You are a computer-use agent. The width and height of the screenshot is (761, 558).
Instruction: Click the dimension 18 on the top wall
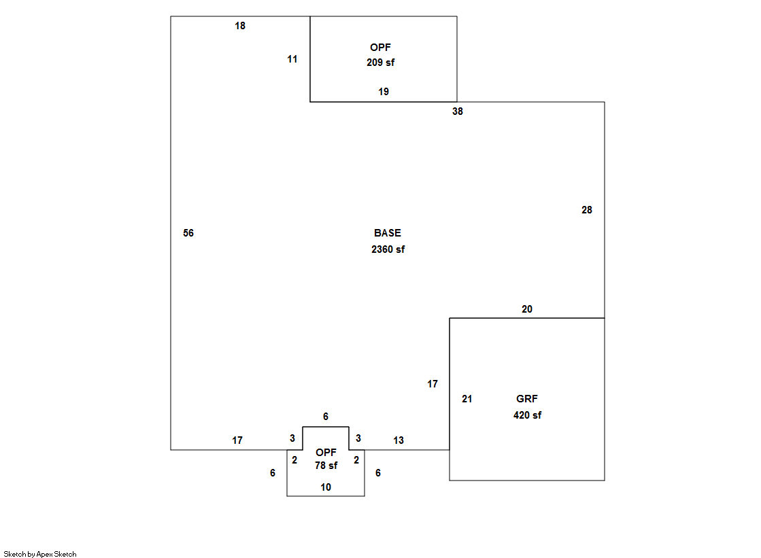[240, 26]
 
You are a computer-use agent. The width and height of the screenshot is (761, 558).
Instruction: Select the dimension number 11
[292, 59]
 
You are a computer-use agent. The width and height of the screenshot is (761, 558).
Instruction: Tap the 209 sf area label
[381, 62]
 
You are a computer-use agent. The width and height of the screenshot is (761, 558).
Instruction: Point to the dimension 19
[384, 92]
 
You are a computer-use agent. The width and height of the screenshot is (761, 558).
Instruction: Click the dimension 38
[458, 111]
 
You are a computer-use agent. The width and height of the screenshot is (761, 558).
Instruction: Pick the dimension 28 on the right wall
[587, 210]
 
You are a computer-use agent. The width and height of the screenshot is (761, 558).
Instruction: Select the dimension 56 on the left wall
[188, 233]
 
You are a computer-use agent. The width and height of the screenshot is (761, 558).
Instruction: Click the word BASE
[388, 233]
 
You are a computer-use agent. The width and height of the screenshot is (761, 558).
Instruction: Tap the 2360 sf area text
[388, 249]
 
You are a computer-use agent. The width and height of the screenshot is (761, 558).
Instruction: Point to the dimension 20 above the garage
[527, 309]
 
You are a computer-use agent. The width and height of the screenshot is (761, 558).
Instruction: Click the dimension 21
[467, 399]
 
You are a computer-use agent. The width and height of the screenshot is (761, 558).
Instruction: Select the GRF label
[527, 399]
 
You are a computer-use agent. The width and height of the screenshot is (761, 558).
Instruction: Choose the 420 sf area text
[527, 415]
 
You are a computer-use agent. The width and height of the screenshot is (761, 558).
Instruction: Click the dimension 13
[399, 440]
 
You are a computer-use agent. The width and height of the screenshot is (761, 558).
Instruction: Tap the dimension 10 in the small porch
[326, 487]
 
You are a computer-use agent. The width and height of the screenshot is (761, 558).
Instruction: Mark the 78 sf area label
[326, 466]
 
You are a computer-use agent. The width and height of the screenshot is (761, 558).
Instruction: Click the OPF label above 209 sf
[381, 47]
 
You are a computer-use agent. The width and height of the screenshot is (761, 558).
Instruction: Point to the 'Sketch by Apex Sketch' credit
[40, 554]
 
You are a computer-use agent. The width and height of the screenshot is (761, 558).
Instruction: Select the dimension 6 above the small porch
[326, 417]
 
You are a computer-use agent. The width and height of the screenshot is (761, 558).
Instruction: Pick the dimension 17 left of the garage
[433, 384]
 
